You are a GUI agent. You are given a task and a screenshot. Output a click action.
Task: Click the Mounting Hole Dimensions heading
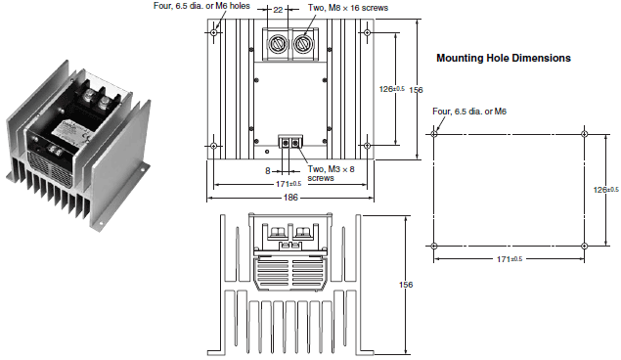coord(504,59)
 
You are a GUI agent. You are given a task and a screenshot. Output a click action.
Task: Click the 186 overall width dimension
coord(290,198)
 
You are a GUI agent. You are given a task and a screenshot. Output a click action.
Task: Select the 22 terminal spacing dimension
coord(278,9)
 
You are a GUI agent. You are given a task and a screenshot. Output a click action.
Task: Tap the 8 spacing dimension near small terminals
coord(268,170)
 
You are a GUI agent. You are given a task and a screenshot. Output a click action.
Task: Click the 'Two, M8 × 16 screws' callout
coord(348,8)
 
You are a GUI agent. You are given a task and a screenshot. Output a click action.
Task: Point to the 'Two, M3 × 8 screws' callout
coord(332,173)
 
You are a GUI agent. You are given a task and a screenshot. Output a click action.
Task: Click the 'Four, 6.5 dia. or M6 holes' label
coord(201,6)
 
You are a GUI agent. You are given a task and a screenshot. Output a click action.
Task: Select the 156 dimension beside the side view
coord(406,285)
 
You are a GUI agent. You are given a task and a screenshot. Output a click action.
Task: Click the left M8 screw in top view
coord(277,42)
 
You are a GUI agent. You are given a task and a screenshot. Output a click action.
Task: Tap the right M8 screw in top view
coord(303,42)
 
